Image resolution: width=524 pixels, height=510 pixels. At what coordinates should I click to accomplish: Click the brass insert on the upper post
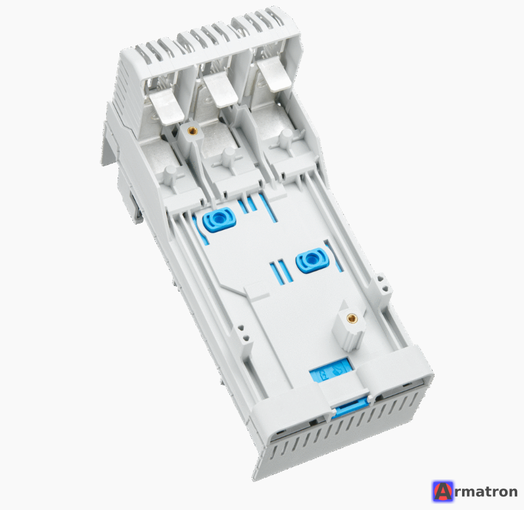click(192, 130)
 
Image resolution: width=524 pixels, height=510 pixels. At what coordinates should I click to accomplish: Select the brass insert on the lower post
click(351, 317)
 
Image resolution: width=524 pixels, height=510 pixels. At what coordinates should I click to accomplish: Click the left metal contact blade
click(167, 108)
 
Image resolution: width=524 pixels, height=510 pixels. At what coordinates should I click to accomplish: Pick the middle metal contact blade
click(221, 91)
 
